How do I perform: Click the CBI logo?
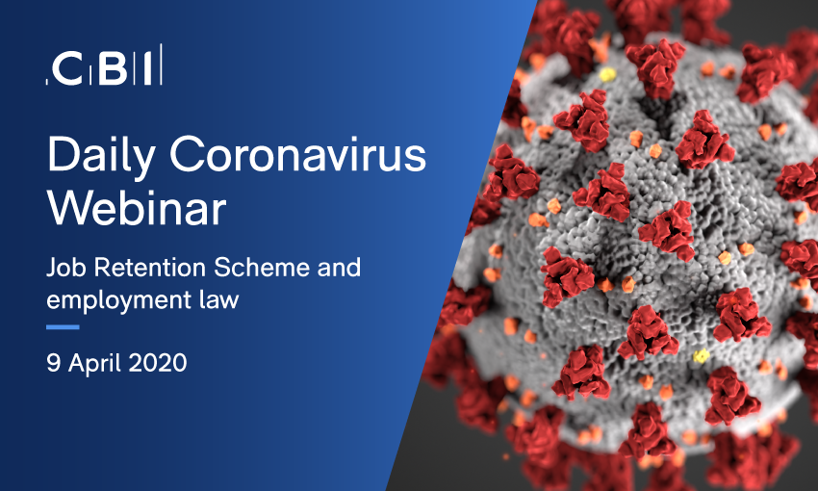(x=104, y=65)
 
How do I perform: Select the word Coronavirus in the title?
(x=298, y=153)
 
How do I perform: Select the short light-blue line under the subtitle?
(x=63, y=327)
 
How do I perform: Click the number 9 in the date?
(x=53, y=363)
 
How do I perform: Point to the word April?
(x=94, y=364)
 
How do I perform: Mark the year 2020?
(x=158, y=363)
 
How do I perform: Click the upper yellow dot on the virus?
(x=608, y=75)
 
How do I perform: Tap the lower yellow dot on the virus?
(x=702, y=356)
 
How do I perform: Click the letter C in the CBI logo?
(x=66, y=68)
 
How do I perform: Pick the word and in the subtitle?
(x=339, y=268)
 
